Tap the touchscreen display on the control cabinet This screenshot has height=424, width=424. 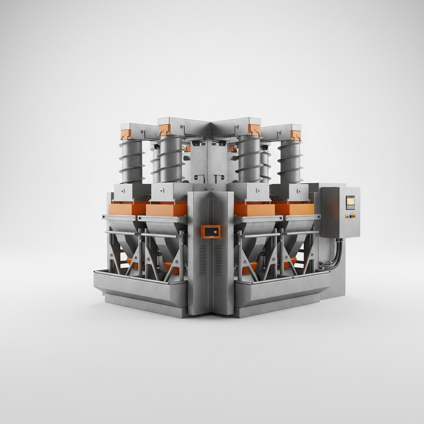[x=350, y=202]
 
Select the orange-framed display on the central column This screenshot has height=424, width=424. [x=211, y=231]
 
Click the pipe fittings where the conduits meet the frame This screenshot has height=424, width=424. [x=323, y=264]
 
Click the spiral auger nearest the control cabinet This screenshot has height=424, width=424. [x=290, y=161]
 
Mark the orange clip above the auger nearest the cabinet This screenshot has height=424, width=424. [x=296, y=135]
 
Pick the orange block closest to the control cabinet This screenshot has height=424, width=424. [x=295, y=209]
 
